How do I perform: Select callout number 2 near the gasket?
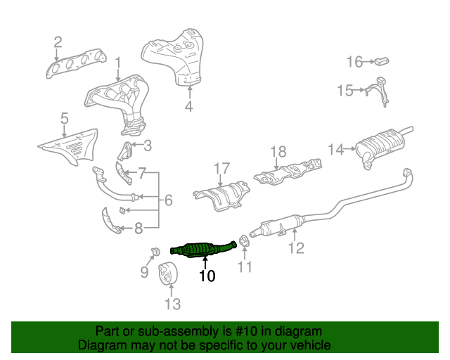pyautogui.click(x=58, y=42)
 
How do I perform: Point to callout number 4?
pyautogui.click(x=188, y=107)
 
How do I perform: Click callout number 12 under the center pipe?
pyautogui.click(x=296, y=247)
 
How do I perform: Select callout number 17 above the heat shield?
pyautogui.click(x=222, y=168)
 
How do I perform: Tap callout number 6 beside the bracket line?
pyautogui.click(x=168, y=201)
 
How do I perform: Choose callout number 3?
pyautogui.click(x=147, y=146)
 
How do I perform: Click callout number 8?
pyautogui.click(x=138, y=227)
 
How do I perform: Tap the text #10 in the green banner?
pyautogui.click(x=237, y=331)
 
